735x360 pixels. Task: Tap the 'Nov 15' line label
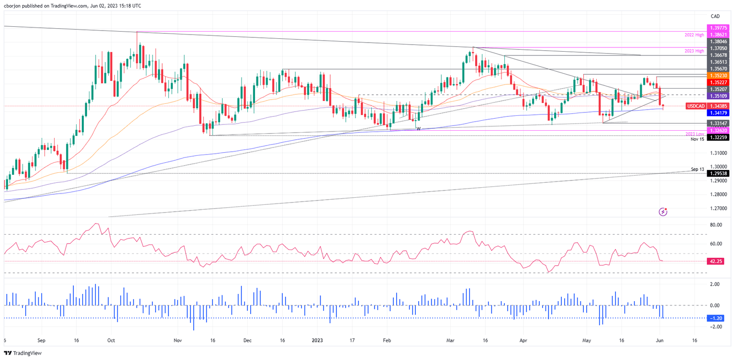click(x=697, y=139)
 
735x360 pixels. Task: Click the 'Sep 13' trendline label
click(x=698, y=169)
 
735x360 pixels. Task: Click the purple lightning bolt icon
click(x=663, y=211)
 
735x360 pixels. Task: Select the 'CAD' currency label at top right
click(x=715, y=16)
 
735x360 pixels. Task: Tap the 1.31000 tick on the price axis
click(x=718, y=153)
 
